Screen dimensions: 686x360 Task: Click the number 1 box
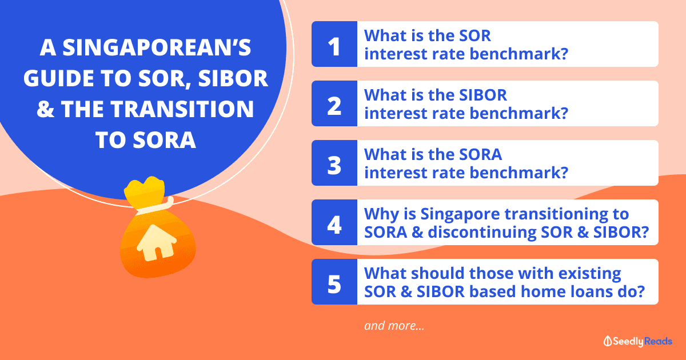pos(334,44)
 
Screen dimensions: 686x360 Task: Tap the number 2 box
pos(334,103)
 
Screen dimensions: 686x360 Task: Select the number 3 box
pos(334,163)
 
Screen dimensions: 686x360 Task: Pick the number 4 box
pos(334,222)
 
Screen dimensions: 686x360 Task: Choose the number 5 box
pos(334,282)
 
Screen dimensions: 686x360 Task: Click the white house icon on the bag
pos(157,243)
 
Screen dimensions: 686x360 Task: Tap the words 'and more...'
pos(394,326)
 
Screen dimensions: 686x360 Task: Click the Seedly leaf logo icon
pos(608,341)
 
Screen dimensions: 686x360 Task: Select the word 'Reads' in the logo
pos(658,341)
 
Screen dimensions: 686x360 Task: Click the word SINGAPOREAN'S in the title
pos(145,47)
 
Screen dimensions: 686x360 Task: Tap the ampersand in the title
pos(45,109)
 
